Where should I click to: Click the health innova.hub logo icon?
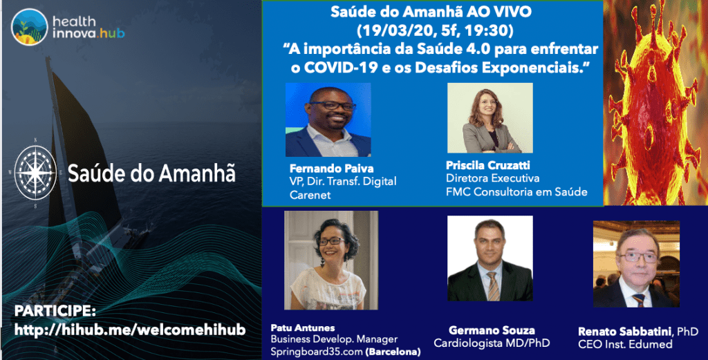pyautogui.click(x=30, y=26)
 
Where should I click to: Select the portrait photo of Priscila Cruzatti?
pyautogui.click(x=490, y=117)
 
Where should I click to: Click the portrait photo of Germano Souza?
pyautogui.click(x=490, y=258)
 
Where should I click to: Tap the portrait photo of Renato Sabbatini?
pyautogui.click(x=636, y=264)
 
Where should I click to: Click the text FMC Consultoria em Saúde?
pyautogui.click(x=516, y=191)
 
